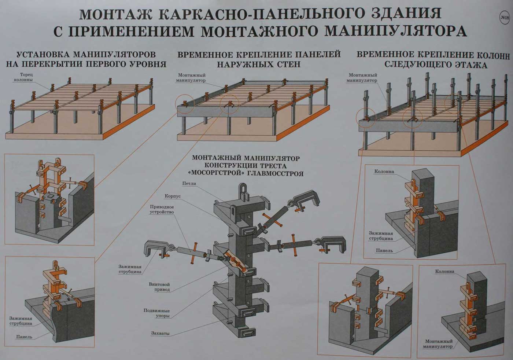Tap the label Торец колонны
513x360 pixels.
(23, 77)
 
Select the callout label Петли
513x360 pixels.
(189, 183)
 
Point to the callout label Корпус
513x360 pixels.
(173, 196)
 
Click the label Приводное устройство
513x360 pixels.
(162, 209)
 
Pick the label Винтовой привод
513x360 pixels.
(159, 287)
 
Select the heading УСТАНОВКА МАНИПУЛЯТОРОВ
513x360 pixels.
(86, 55)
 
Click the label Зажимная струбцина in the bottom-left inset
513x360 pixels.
(21, 321)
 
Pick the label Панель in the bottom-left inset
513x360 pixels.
(24, 337)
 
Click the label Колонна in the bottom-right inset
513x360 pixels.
(444, 272)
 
